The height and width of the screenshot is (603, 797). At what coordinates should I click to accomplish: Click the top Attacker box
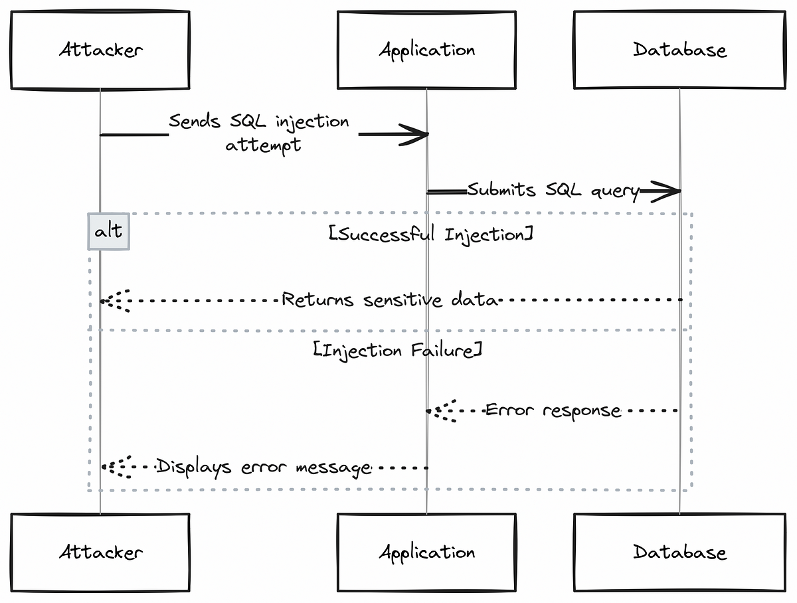100,50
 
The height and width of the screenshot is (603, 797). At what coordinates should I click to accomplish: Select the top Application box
426,50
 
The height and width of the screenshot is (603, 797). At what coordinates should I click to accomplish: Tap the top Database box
679,50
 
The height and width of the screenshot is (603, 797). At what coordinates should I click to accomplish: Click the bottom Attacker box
100,552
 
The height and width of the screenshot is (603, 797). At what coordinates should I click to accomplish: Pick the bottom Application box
426,552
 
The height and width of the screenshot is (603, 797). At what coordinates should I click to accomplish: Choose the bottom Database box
679,552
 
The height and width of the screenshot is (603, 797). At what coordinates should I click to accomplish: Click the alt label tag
108,231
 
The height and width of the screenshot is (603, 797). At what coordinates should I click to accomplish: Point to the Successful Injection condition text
430,234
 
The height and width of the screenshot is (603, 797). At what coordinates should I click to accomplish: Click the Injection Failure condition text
398,351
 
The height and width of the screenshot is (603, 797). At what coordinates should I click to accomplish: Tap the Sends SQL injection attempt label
259,133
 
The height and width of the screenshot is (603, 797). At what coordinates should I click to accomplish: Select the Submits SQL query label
553,190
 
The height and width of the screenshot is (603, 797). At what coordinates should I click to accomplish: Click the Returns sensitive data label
390,300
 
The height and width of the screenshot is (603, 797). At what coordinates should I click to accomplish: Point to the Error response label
553,410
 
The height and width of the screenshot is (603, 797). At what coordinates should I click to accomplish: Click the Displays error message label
264,468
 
